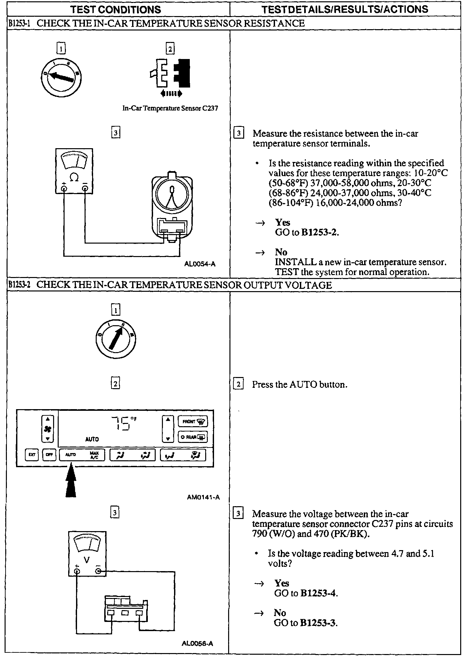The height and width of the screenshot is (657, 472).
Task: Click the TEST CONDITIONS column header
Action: coord(116,10)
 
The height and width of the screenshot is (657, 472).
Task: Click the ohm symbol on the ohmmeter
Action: coord(74,178)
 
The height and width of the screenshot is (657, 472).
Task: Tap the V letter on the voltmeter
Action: coord(87,560)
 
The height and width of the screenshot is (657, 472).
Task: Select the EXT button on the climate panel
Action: coord(32,455)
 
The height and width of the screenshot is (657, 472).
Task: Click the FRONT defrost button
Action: coord(193,422)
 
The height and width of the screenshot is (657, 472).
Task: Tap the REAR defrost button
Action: coord(193,437)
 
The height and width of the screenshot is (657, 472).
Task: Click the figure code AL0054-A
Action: coord(200,264)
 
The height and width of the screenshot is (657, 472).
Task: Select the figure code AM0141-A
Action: coord(203,497)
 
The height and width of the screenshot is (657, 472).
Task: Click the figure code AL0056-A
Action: coord(197,644)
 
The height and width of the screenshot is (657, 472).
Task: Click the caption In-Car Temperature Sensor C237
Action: coord(170,108)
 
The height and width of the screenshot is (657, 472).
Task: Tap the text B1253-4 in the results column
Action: coord(318,593)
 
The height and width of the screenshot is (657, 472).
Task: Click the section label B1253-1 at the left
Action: coord(19,23)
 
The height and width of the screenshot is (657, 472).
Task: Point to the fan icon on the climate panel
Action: coord(48,429)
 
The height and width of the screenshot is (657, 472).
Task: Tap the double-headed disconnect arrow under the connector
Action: coord(171,94)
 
